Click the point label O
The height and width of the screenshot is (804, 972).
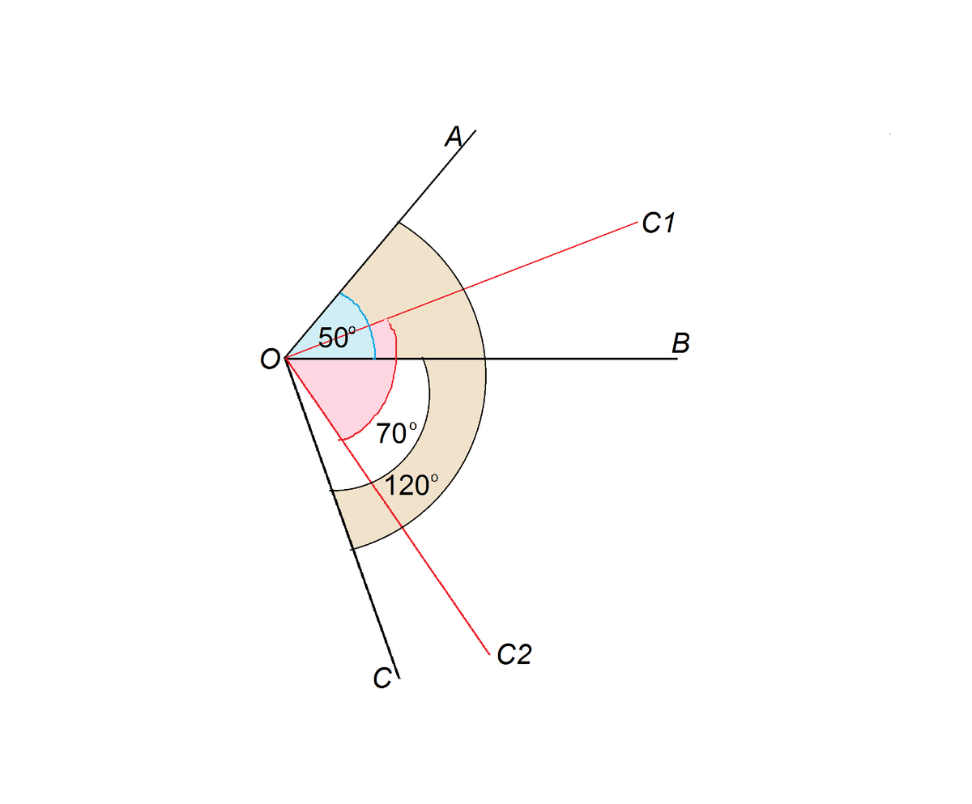271,359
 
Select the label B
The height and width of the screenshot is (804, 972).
680,343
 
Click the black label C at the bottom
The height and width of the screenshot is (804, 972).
383,678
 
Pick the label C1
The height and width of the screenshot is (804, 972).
658,223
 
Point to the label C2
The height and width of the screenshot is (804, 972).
514,654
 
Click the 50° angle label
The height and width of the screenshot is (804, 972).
336,337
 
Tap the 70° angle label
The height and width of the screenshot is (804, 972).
396,433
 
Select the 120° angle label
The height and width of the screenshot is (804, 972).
411,486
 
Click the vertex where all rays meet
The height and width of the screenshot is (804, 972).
286,359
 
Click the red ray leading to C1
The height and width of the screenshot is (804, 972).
551,257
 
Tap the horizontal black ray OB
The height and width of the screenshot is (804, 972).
583,359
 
